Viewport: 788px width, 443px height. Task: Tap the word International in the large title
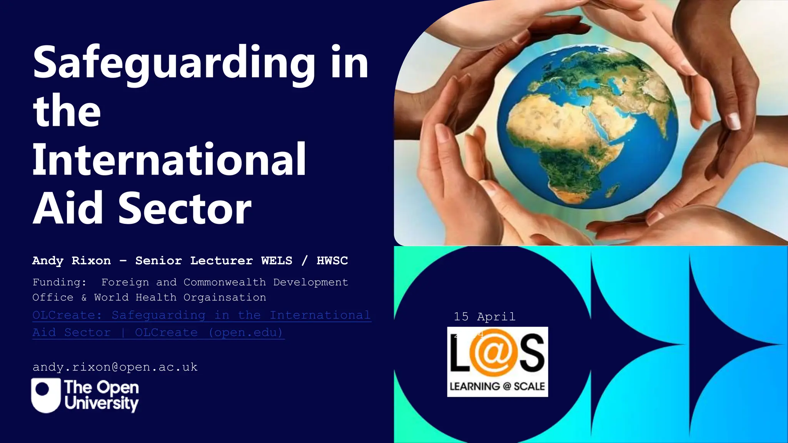pyautogui.click(x=169, y=160)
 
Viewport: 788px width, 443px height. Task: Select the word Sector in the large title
pyautogui.click(x=185, y=208)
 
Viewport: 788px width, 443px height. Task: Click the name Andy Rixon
pyautogui.click(x=72, y=261)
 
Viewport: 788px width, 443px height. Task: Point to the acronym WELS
pyautogui.click(x=277, y=261)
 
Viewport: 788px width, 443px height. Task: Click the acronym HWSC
pyautogui.click(x=332, y=261)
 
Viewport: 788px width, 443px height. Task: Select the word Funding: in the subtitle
pyautogui.click(x=59, y=282)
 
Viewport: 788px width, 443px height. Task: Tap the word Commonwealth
pyautogui.click(x=225, y=282)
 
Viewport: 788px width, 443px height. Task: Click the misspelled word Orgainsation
pyautogui.click(x=225, y=298)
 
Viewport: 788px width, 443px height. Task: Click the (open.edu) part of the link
pyautogui.click(x=246, y=333)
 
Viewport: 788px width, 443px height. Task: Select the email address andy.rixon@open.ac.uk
pyautogui.click(x=115, y=367)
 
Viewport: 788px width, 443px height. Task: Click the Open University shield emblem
pyautogui.click(x=46, y=395)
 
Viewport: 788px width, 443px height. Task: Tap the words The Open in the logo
pyautogui.click(x=102, y=387)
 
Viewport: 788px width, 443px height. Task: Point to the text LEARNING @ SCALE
pyautogui.click(x=497, y=386)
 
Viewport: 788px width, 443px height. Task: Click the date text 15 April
pyautogui.click(x=484, y=317)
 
